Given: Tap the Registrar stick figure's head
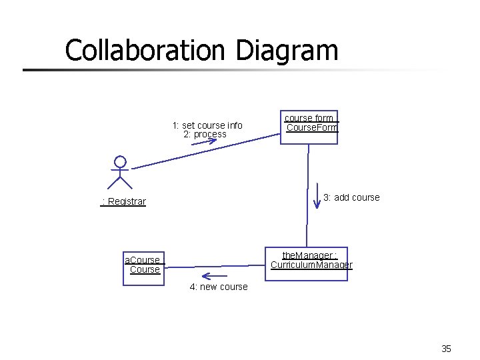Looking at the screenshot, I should [120, 161].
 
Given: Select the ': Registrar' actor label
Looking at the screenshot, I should [123, 201].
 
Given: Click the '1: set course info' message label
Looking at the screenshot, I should [207, 125].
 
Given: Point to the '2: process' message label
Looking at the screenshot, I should [205, 134].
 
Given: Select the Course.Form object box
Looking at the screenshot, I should [309, 127].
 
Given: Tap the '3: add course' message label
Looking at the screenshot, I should [351, 197].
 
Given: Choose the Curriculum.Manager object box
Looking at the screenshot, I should [307, 264].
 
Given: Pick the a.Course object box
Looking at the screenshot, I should [143, 266].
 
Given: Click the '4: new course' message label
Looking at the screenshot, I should [218, 287].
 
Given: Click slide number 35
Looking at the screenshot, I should [446, 348].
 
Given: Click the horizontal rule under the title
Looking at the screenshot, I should [200, 69].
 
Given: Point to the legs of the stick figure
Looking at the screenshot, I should [120, 182].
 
